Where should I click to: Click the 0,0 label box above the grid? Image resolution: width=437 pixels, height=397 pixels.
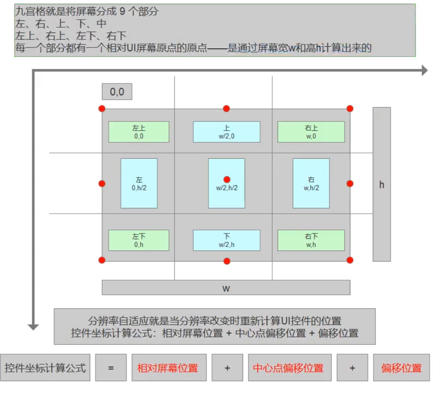[x=117, y=91]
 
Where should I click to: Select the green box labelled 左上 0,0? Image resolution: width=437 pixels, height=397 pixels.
[x=139, y=132]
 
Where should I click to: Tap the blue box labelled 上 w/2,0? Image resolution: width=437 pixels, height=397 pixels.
[x=226, y=132]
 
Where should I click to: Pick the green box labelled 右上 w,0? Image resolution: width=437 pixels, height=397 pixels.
[x=311, y=132]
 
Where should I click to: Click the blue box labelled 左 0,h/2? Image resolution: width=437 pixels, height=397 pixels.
[x=139, y=183]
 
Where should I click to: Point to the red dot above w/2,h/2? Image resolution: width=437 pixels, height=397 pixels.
[x=227, y=179]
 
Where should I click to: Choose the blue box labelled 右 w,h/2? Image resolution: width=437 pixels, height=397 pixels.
[x=311, y=183]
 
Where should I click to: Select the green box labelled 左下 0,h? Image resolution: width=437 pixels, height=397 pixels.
[x=139, y=240]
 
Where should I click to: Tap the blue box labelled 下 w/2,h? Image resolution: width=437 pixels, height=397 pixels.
[x=226, y=240]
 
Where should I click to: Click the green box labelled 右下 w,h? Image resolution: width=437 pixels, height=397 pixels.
[x=311, y=240]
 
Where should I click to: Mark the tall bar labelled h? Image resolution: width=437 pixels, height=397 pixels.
[x=382, y=184]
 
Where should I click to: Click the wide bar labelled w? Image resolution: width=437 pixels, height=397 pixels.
[x=226, y=288]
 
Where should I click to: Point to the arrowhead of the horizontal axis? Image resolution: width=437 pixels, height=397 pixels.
[x=424, y=70]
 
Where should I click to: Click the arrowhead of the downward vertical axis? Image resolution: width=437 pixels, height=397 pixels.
[x=33, y=327]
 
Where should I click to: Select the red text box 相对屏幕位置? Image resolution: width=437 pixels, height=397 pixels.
[x=169, y=367]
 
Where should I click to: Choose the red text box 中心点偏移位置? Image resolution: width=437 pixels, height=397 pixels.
[x=289, y=367]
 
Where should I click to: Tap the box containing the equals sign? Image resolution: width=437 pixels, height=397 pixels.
[x=111, y=367]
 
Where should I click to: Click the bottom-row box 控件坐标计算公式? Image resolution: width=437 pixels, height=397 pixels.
[x=45, y=367]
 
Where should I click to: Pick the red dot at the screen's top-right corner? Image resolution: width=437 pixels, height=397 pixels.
[x=350, y=109]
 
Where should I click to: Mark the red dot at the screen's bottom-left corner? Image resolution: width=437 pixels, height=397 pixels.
[x=102, y=260]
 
